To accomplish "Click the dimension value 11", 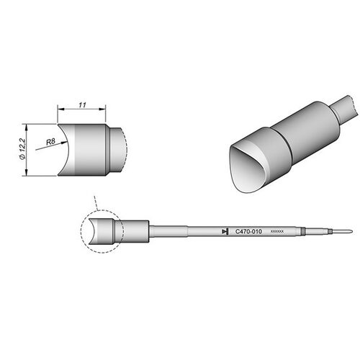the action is [x=82, y=105].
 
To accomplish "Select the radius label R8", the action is [x=50, y=142].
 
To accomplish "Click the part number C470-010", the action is [x=248, y=232].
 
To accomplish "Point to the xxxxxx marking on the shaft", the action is [x=277, y=232].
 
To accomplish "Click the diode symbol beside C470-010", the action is [x=225, y=232].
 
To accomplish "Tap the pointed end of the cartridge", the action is [x=352, y=232].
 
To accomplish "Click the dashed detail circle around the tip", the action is [x=81, y=232].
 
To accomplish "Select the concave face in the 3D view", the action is [x=246, y=171].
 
